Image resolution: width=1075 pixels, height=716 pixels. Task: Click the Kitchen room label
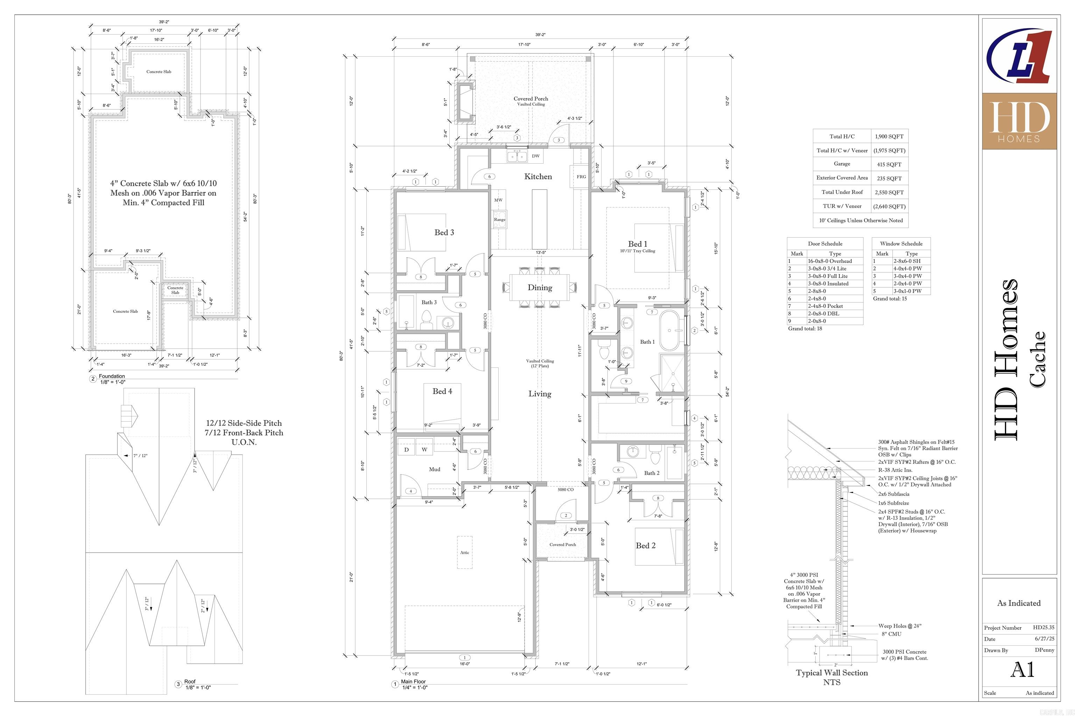click(x=538, y=177)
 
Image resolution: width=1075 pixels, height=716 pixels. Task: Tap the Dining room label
click(x=540, y=288)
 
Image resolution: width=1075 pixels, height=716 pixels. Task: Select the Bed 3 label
click(x=444, y=232)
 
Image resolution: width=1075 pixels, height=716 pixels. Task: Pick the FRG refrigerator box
click(x=581, y=176)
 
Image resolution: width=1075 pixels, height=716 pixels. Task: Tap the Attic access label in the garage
click(x=464, y=552)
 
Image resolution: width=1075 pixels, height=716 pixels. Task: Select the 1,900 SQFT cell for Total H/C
click(x=889, y=137)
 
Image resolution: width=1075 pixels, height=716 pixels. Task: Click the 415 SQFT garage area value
click(x=889, y=164)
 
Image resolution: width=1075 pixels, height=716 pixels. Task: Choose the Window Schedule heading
click(x=901, y=244)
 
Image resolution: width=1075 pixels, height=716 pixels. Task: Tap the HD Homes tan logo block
click(x=1019, y=121)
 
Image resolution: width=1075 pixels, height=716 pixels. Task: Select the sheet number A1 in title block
click(x=1022, y=670)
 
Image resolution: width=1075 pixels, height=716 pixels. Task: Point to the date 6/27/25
click(x=1044, y=639)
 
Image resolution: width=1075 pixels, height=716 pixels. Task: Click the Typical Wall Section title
click(x=831, y=673)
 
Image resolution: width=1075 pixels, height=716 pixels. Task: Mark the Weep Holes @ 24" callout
click(x=899, y=626)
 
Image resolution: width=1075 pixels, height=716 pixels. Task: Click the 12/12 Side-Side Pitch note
click(x=244, y=423)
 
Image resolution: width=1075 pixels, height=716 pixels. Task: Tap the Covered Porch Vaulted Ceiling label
click(x=531, y=101)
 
